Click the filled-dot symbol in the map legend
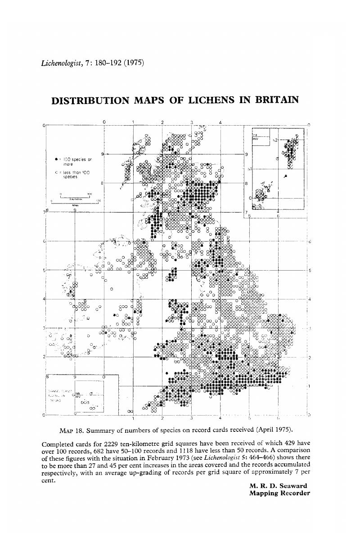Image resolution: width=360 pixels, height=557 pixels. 55,159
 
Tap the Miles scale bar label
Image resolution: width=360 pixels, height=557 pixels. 75,204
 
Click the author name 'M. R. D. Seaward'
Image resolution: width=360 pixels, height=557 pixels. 279,486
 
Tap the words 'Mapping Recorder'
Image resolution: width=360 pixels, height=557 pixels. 279,494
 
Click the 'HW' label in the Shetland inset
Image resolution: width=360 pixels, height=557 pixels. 255,139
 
